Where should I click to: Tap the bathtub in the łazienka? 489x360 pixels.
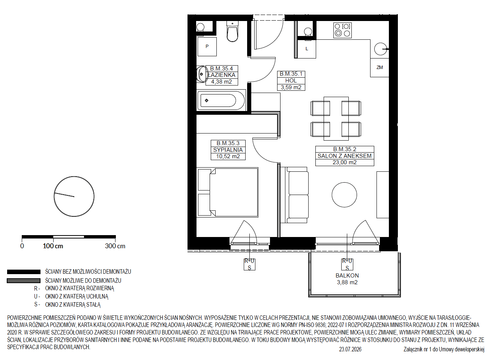pyautogui.click(x=221, y=100)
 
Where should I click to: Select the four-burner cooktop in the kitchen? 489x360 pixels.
pyautogui.click(x=342, y=30)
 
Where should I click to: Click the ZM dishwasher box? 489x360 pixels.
pyautogui.click(x=379, y=67)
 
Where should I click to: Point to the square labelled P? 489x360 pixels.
pyautogui.click(x=207, y=46)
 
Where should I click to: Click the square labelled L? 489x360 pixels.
pyautogui.click(x=306, y=49)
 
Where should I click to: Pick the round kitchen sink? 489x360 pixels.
pyautogui.click(x=381, y=49)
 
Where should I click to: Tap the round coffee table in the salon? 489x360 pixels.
pyautogui.click(x=344, y=195)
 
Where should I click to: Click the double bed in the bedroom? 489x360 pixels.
pyautogui.click(x=228, y=192)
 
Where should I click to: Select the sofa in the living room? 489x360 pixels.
pyautogui.click(x=294, y=195)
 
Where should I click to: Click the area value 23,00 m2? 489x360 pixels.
pyautogui.click(x=345, y=162)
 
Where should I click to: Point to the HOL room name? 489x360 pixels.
pyautogui.click(x=291, y=81)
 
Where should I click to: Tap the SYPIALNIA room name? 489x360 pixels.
pyautogui.click(x=228, y=150)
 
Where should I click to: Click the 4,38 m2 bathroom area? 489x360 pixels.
pyautogui.click(x=221, y=82)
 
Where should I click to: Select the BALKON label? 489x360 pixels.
pyautogui.click(x=347, y=276)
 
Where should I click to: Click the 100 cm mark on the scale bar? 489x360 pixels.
pyautogui.click(x=53, y=246)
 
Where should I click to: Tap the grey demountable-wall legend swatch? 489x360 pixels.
pyautogui.click(x=24, y=280)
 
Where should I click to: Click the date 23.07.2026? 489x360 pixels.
pyautogui.click(x=350, y=349)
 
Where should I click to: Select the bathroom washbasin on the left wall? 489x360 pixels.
pyautogui.click(x=202, y=74)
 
